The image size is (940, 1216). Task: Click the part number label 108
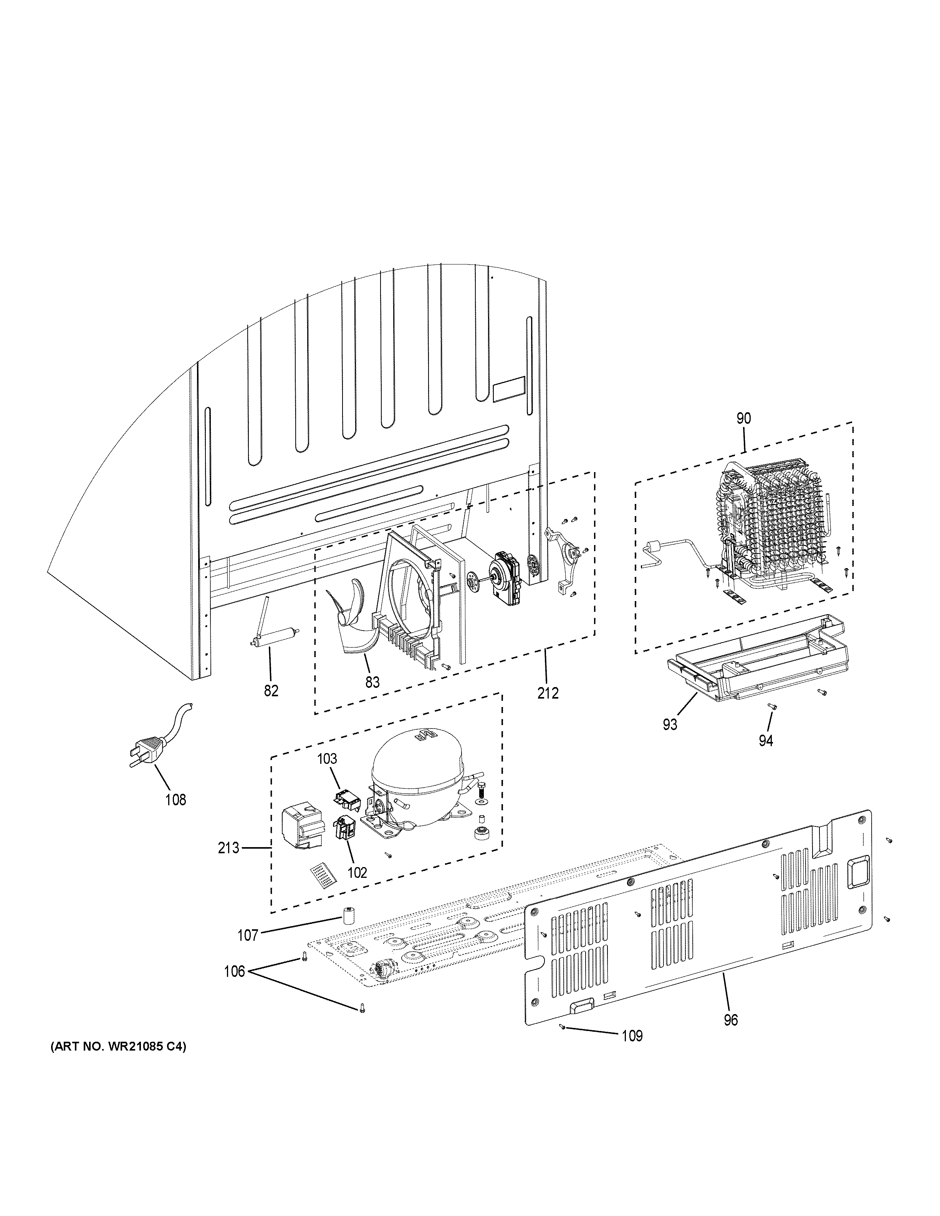click(175, 800)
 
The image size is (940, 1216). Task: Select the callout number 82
click(271, 691)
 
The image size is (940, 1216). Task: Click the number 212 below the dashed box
click(548, 693)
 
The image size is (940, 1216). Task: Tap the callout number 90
click(743, 419)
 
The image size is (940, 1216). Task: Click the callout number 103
click(328, 758)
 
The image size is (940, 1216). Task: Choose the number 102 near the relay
click(357, 872)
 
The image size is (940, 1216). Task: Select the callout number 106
click(235, 971)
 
